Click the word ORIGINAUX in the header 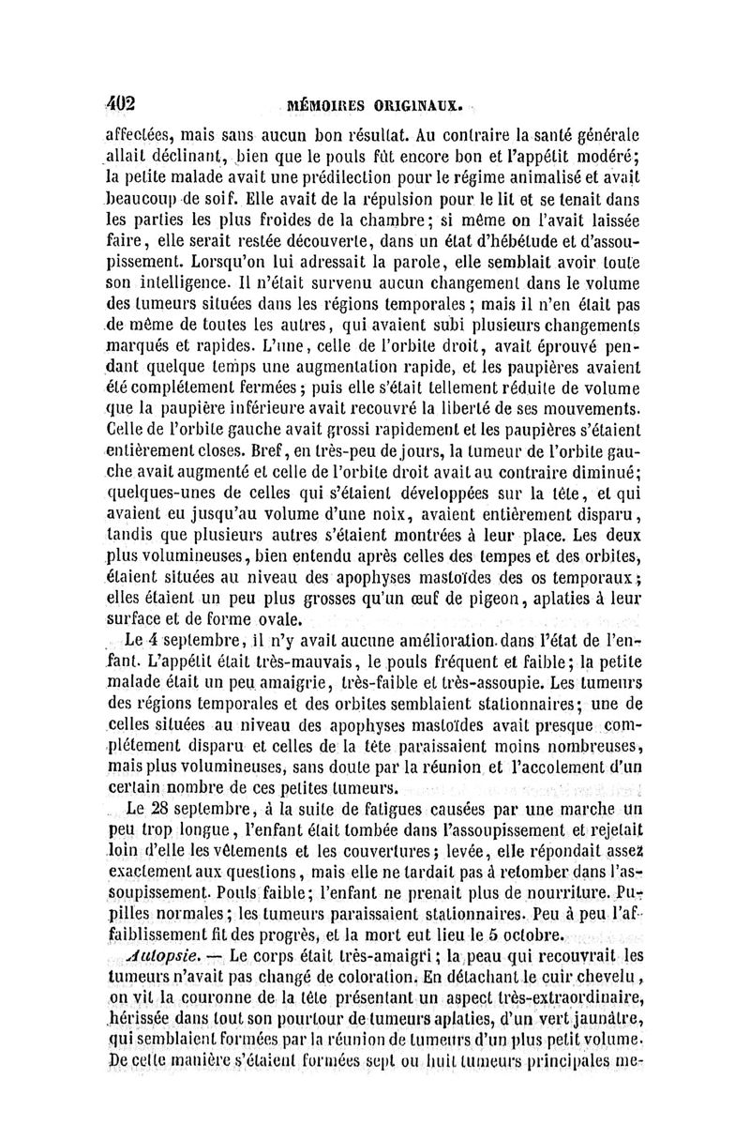pyautogui.click(x=410, y=104)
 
